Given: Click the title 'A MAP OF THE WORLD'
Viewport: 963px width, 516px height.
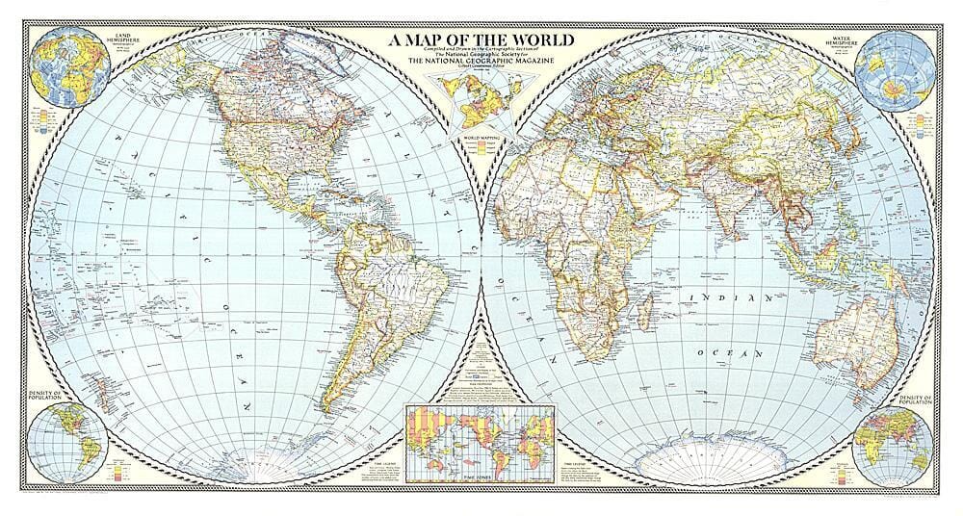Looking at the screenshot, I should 481,40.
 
